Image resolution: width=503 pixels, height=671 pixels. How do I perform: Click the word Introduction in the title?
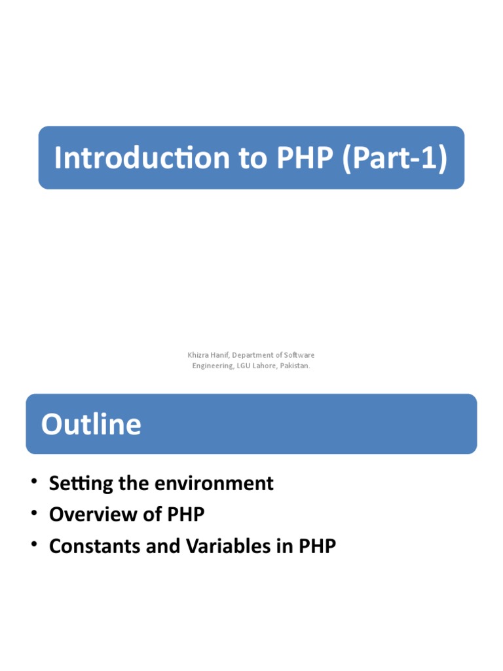pos(140,158)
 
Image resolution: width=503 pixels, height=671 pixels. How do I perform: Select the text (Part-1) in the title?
pos(396,158)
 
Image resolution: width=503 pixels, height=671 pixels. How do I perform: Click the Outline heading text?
pos(91,424)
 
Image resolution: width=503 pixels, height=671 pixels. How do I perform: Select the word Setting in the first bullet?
pos(78,484)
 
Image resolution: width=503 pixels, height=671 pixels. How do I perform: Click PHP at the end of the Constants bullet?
pos(317,546)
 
